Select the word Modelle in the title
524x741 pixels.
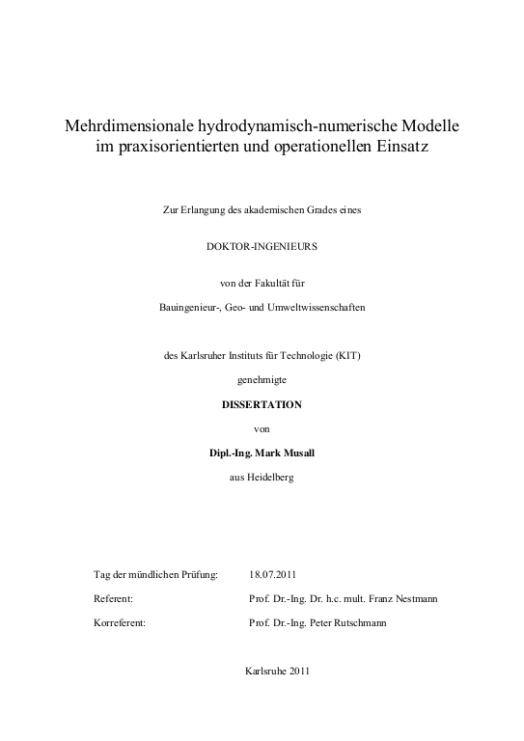pyautogui.click(x=422, y=127)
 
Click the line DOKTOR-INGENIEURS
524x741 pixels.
pyautogui.click(x=262, y=246)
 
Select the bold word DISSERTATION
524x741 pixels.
pyautogui.click(x=262, y=404)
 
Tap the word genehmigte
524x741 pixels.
pyautogui.click(x=262, y=380)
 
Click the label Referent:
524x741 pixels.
pyautogui.click(x=113, y=598)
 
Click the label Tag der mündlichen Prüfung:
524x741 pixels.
pyautogui.click(x=156, y=574)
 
